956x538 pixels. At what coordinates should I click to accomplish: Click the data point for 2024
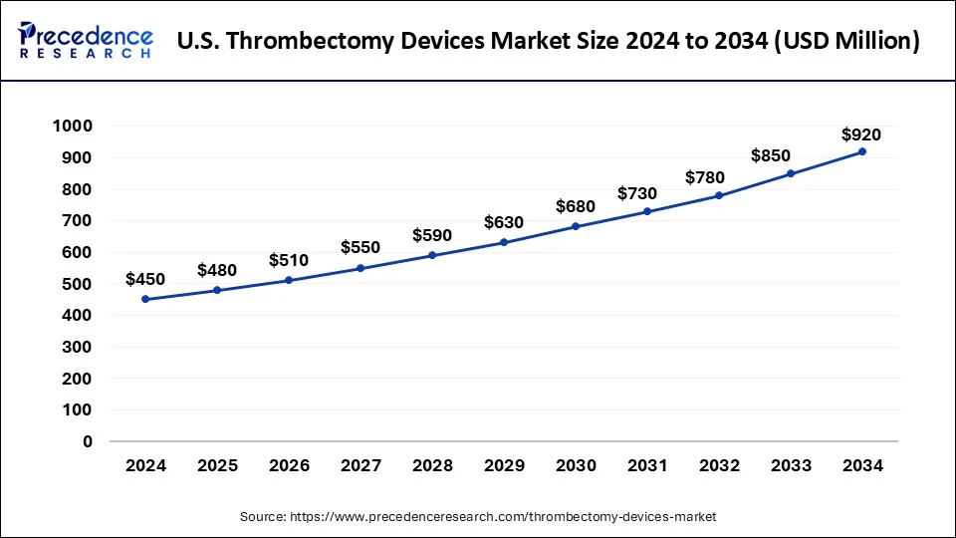coord(145,299)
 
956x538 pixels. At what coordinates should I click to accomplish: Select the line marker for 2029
coord(504,242)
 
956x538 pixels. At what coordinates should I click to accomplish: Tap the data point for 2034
coord(862,151)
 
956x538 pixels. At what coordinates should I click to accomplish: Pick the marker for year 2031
coord(647,211)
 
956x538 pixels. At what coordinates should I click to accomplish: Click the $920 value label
coord(861,134)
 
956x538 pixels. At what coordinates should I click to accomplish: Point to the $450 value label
coord(145,280)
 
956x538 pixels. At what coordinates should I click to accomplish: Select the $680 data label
coord(576,207)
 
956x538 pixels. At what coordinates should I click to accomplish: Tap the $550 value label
coord(360,247)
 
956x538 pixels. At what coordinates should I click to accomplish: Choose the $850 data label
coord(791,155)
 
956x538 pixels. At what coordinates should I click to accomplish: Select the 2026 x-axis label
coord(289,465)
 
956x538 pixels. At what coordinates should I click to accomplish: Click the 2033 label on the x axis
coord(791,465)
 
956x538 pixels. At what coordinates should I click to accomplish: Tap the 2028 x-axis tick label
coord(432,465)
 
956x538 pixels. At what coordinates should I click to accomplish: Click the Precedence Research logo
coord(86,41)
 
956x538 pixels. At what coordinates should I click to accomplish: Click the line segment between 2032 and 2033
coord(755,184)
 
